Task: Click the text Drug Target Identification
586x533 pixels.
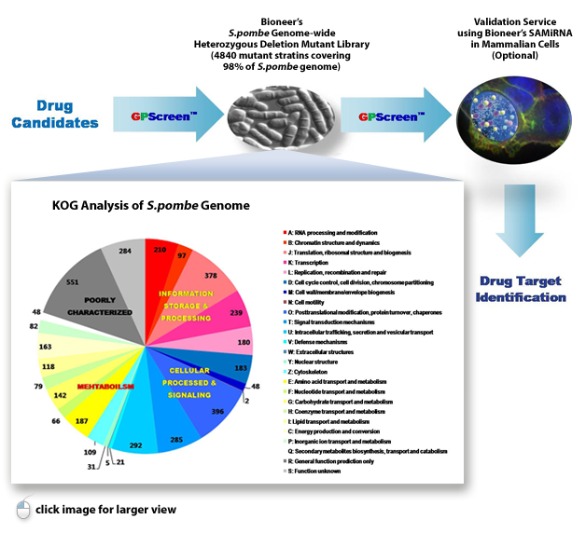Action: pos(523,290)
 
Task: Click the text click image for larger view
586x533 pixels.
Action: pos(105,510)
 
